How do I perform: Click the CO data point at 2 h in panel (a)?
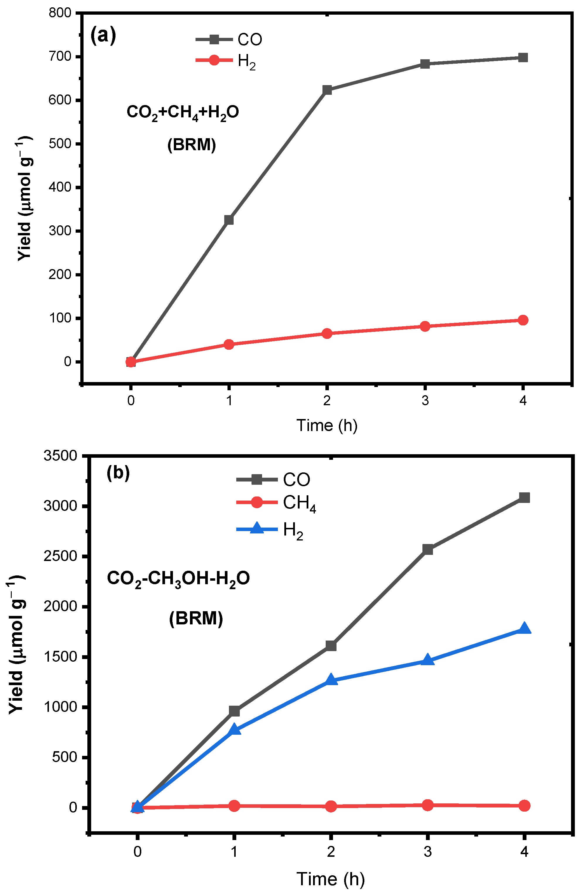327,90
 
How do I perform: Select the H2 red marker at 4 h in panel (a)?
523,320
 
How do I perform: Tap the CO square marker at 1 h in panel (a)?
229,220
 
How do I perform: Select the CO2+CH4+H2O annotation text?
183,112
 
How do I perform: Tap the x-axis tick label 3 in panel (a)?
425,401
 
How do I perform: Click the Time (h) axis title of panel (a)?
327,425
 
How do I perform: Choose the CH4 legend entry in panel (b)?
276,503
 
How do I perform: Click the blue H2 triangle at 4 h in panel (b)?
524,629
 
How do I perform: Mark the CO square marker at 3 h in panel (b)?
427,550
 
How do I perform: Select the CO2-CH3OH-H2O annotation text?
178,578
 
